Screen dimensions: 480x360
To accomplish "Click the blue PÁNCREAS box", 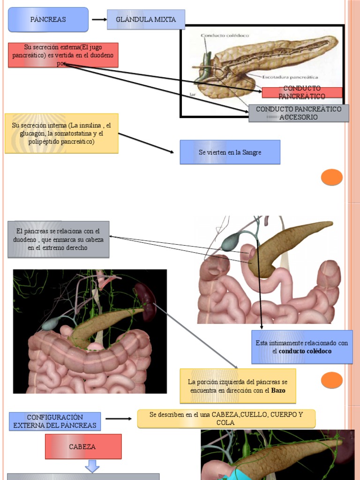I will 48,20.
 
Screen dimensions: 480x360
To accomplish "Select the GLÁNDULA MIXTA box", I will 146,20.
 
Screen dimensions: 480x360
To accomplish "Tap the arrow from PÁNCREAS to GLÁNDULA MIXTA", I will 99,20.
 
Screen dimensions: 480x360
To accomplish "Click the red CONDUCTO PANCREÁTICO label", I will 302,92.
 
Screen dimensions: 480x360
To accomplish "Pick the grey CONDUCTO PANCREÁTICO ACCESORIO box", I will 299,113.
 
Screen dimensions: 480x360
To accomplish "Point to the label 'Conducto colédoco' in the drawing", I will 225,35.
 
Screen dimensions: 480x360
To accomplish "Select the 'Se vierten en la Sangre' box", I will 230,152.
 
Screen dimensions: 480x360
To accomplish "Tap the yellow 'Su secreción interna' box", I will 61,134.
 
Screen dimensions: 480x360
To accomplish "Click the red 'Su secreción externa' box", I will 63,55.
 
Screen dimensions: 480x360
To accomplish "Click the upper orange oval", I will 332,178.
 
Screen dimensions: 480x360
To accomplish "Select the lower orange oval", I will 332,380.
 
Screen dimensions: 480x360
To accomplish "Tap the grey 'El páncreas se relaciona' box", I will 58,240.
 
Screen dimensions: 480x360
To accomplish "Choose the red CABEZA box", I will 83,447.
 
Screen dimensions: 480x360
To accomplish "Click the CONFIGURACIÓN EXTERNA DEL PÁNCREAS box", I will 55,421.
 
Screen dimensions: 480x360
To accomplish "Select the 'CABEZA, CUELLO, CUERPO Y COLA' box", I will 226,419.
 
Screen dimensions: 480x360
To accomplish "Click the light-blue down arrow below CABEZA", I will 92,466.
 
